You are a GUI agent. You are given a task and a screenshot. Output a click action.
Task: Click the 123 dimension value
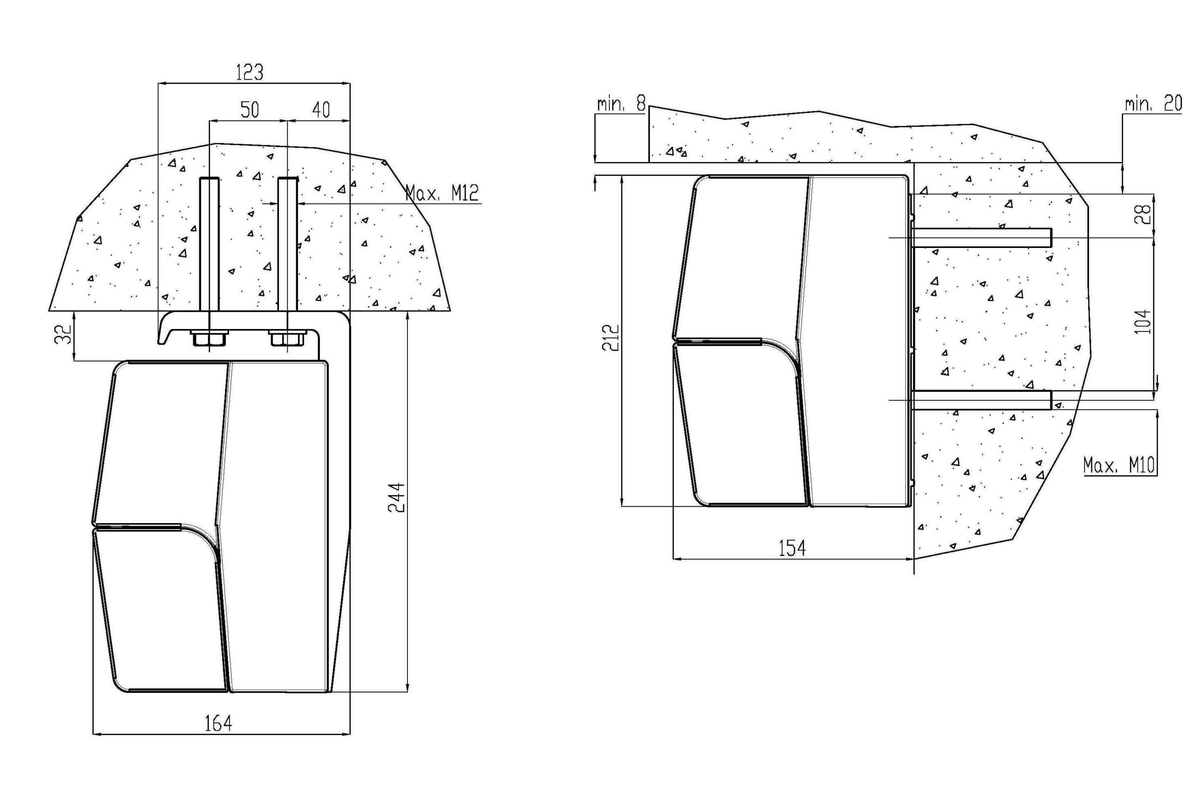pyautogui.click(x=249, y=72)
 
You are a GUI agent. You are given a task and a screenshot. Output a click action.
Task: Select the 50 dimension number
pyautogui.click(x=250, y=110)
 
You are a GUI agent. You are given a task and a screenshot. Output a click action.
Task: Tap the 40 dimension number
pyautogui.click(x=321, y=110)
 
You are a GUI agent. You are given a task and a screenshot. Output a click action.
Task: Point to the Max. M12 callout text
pyautogui.click(x=442, y=193)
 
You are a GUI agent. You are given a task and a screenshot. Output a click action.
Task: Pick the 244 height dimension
pyautogui.click(x=396, y=497)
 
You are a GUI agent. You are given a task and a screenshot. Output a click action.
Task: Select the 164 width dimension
pyautogui.click(x=218, y=723)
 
